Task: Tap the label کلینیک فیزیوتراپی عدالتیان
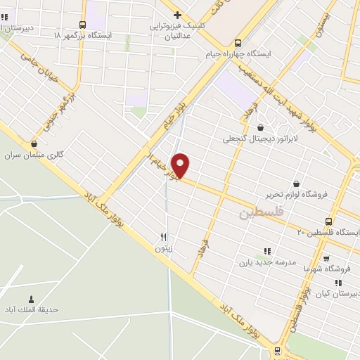pyautogui.click(x=179, y=25)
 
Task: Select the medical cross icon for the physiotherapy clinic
pyautogui.click(x=178, y=14)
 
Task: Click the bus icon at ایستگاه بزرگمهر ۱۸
pyautogui.click(x=83, y=25)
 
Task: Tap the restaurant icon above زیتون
pyautogui.click(x=163, y=237)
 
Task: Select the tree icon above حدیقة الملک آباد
pyautogui.click(x=30, y=299)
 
